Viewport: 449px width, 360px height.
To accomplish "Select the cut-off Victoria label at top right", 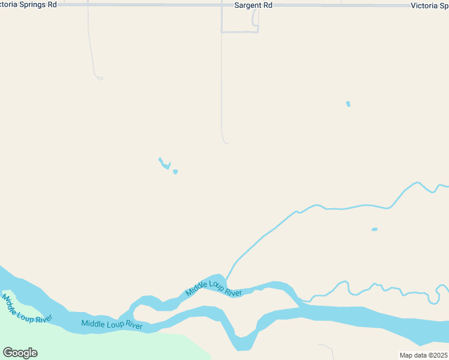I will (x=429, y=5).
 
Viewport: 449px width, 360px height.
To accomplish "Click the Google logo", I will (x=20, y=353).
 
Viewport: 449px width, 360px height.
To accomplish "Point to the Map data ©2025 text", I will (x=424, y=355).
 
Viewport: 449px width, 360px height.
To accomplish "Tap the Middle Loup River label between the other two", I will (x=112, y=325).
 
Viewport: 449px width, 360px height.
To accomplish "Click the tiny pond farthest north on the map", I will (x=348, y=104).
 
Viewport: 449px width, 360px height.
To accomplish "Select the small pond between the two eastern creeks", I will (x=375, y=229).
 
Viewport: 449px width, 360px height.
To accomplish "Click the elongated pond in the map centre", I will (x=164, y=163).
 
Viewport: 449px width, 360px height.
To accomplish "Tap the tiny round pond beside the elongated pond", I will (x=175, y=172).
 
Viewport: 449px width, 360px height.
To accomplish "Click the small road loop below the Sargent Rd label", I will (x=255, y=21).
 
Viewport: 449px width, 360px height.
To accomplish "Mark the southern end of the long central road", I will (x=226, y=143).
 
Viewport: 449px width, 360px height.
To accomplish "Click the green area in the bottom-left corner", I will (x=90, y=345).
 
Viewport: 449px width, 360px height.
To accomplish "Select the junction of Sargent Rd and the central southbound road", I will (x=221, y=5).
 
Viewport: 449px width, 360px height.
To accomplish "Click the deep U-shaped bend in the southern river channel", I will (x=243, y=344).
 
